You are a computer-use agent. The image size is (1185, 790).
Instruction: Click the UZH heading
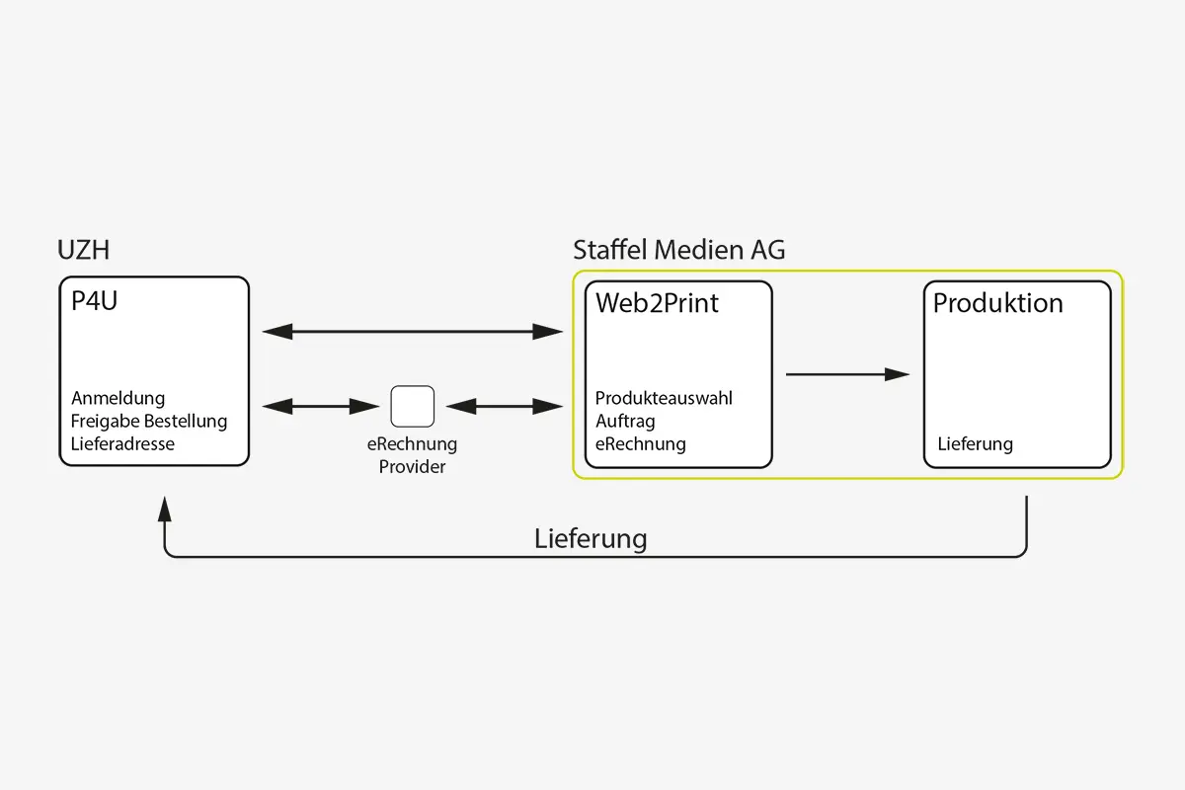point(84,251)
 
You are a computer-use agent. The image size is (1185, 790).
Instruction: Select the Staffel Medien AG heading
point(679,251)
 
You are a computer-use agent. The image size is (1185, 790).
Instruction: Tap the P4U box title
point(94,302)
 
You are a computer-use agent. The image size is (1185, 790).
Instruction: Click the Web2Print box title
point(657,304)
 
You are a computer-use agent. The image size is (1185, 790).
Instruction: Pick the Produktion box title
point(997,303)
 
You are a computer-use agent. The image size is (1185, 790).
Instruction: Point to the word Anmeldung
point(118,398)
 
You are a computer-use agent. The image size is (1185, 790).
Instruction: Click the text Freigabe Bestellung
point(149,422)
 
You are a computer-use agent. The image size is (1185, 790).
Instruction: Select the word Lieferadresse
point(122,444)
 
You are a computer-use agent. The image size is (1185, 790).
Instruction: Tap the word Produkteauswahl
point(664,398)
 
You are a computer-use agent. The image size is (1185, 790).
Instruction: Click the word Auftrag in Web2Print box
point(625,422)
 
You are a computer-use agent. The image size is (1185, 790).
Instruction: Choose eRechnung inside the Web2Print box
point(640,444)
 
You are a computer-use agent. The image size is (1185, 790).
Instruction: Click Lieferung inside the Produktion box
point(975,444)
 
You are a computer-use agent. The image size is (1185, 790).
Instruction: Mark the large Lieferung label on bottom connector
point(591,539)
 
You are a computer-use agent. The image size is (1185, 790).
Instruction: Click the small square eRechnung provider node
point(412,406)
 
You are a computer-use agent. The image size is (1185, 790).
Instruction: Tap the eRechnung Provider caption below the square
point(412,455)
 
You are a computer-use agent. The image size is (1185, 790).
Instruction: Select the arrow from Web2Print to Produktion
point(846,374)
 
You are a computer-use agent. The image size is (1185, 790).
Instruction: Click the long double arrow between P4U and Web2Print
point(412,332)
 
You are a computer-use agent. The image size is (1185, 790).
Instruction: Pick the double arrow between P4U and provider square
point(321,406)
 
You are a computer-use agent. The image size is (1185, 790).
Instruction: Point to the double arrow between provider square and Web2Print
point(504,406)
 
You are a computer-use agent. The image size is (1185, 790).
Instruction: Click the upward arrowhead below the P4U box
point(165,509)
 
